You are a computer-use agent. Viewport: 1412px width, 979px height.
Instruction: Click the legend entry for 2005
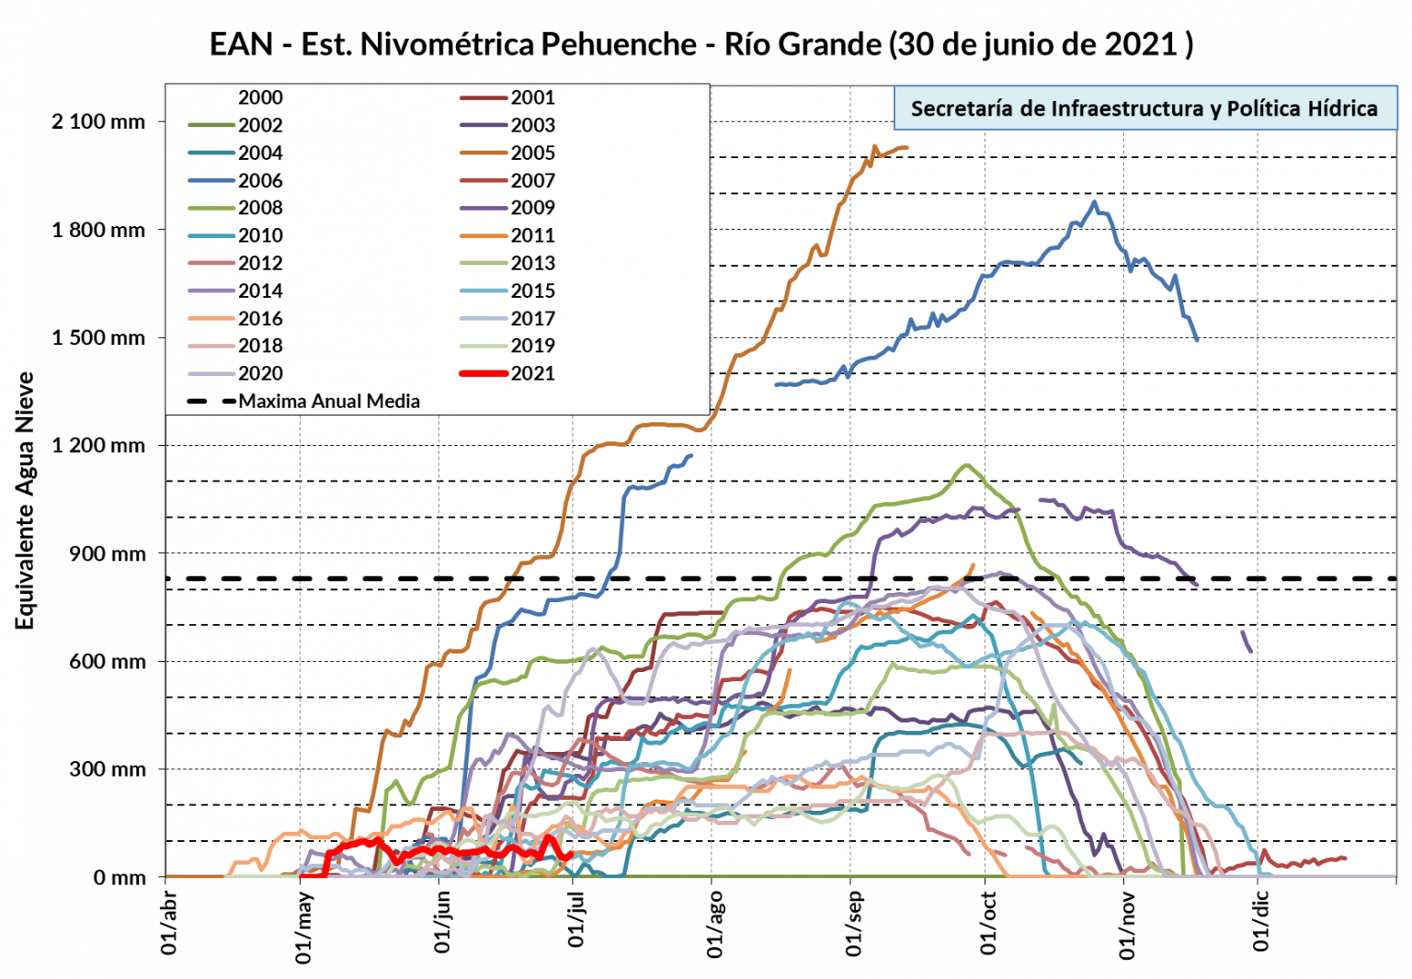[533, 153]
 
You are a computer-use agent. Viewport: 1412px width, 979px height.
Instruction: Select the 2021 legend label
[533, 373]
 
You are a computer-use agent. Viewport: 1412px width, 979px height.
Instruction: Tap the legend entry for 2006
[260, 180]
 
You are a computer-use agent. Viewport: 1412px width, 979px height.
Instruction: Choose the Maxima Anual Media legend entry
[329, 401]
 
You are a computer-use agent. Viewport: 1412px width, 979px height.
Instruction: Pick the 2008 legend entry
[260, 208]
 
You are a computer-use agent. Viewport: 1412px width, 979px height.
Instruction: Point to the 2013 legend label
[533, 263]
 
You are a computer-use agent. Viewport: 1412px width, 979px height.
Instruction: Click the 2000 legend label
[260, 97]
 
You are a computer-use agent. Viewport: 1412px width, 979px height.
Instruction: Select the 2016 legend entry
[260, 318]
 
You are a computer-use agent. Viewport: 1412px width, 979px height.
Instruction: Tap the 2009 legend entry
[533, 208]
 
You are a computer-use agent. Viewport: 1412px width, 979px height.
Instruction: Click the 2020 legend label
[260, 373]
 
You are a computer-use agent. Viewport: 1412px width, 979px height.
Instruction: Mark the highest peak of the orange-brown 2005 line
[874, 145]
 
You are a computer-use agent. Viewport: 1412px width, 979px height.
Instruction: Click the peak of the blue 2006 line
[1094, 202]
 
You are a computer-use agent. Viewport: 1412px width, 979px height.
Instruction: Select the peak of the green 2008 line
[966, 465]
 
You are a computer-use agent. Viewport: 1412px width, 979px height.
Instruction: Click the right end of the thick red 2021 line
[571, 854]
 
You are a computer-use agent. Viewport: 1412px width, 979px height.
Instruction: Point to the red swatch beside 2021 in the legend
[484, 373]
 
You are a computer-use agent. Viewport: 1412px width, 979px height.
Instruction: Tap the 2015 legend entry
[533, 290]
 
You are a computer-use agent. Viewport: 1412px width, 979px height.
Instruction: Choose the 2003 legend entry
[533, 125]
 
